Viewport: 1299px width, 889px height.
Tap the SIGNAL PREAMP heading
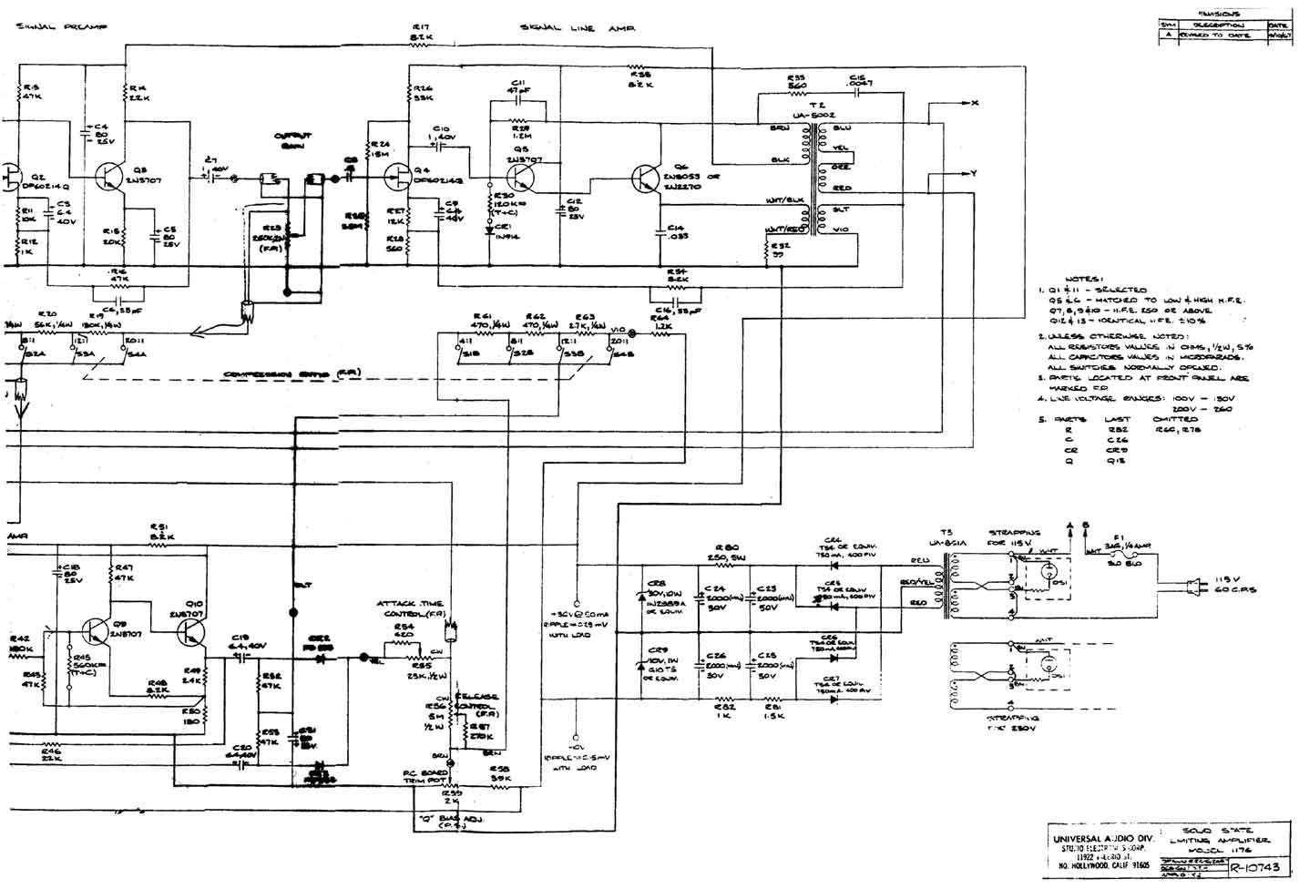(61, 28)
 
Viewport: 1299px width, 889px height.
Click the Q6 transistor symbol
(647, 179)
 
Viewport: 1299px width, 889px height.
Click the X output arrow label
(975, 103)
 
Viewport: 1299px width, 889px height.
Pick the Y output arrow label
(975, 173)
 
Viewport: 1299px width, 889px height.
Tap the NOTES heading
(1083, 280)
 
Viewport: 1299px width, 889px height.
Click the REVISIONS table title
(1220, 15)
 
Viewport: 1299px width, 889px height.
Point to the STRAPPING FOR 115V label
(1014, 538)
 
